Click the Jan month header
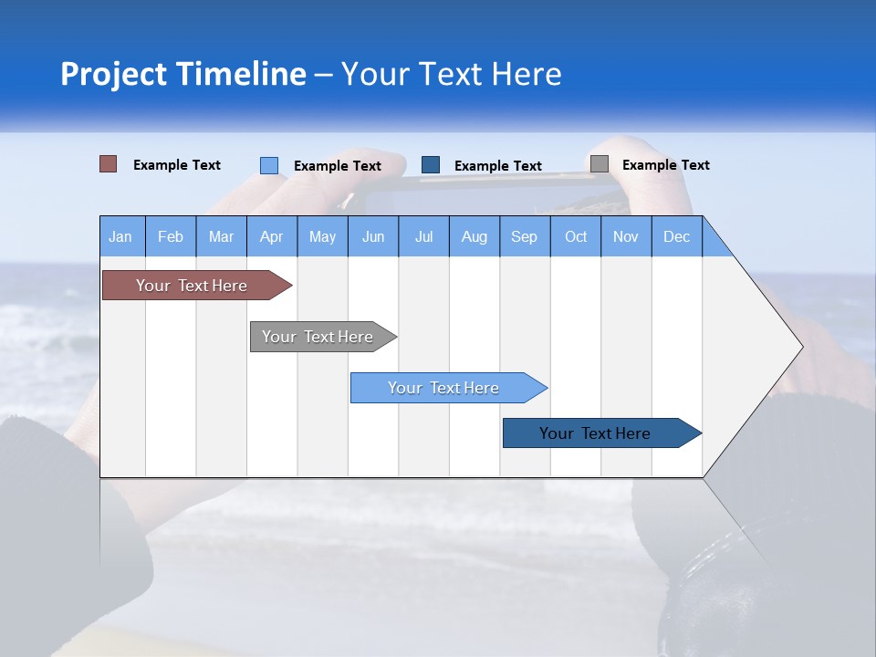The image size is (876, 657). (x=120, y=236)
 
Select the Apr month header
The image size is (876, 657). (x=271, y=236)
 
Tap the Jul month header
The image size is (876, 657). (x=423, y=236)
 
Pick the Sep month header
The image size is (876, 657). (x=524, y=236)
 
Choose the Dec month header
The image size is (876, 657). (x=676, y=236)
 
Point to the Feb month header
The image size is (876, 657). (x=171, y=236)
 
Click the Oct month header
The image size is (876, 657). (x=576, y=236)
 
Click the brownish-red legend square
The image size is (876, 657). (x=109, y=164)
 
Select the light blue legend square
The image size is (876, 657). (x=269, y=165)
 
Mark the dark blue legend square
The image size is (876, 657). (x=431, y=165)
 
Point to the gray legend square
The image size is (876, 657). (x=600, y=164)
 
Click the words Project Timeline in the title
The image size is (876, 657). (x=182, y=74)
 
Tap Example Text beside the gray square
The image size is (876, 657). (x=665, y=165)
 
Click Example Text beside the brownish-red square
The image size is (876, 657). (x=177, y=165)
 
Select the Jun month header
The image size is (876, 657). (x=373, y=236)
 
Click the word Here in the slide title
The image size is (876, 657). (x=527, y=74)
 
